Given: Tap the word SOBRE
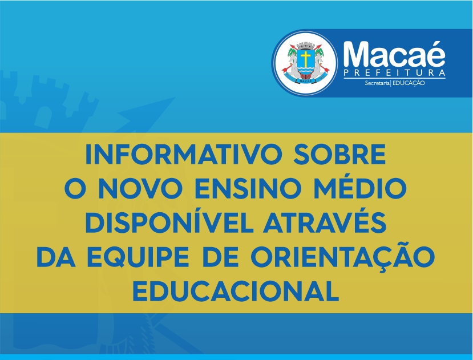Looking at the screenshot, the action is coord(340,154).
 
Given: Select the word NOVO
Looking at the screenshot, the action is coord(141,188).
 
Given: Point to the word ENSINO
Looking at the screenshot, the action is coord(248,188).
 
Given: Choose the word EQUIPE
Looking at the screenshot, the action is coord(139,257).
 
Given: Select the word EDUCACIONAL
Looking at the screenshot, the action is coord(236,291).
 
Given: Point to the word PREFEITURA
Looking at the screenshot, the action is coord(395,72).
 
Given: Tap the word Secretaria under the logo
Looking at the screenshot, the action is coord(377,83).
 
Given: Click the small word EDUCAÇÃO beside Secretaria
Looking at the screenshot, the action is coord(409,83).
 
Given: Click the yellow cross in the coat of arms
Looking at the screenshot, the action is coord(306,59).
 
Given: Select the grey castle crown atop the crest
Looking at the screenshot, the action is coord(306,45).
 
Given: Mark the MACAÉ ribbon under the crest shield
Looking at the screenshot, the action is coord(306,80).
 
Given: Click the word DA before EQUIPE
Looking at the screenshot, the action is coord(56,257).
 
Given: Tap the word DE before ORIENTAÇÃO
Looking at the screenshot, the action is coord(220,257).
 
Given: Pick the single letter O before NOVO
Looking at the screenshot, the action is coord(75,188).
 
